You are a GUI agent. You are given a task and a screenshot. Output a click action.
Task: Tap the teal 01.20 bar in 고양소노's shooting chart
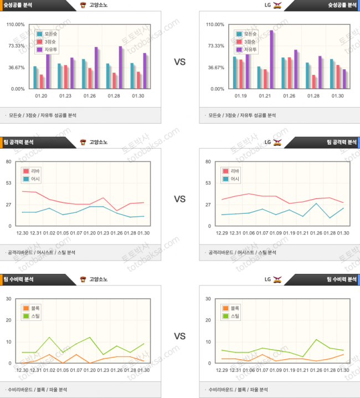coord(35,77)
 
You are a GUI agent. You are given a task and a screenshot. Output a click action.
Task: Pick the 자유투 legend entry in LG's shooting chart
coord(246,49)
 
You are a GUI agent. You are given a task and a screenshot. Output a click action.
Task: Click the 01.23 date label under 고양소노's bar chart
coord(65,96)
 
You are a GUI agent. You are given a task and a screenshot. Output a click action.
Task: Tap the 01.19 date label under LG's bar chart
coord(240,96)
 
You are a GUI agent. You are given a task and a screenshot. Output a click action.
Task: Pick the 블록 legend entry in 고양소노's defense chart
coord(32,308)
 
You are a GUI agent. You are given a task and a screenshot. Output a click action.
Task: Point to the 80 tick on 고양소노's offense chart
coord(9,162)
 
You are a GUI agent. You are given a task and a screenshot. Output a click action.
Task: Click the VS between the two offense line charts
coord(179,199)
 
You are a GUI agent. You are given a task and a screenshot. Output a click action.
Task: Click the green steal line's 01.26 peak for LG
coord(316,340)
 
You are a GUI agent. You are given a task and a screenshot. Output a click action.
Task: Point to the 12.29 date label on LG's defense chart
coord(222,370)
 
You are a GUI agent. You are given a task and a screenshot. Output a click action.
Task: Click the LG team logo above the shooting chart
coord(277,5)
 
